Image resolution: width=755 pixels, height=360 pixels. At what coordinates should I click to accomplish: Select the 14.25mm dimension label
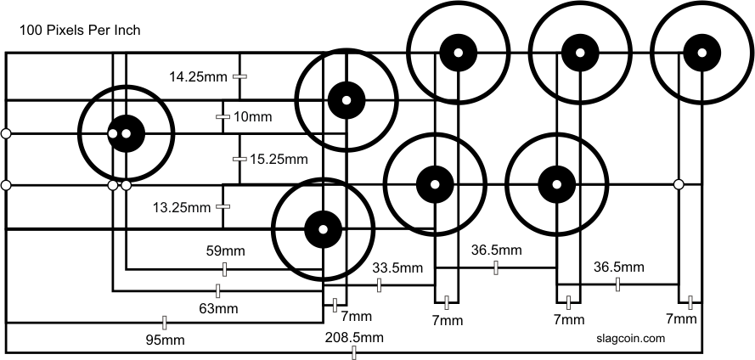tap(198, 77)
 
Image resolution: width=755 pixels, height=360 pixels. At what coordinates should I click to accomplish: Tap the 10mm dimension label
tap(251, 116)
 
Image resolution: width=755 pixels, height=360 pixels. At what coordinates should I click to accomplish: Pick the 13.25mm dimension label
tap(181, 206)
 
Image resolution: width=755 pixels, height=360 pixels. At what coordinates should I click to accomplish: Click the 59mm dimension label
tap(224, 251)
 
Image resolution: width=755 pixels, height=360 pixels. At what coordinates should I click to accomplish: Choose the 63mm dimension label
tap(218, 309)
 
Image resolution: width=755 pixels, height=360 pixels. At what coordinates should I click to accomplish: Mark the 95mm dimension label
tap(165, 340)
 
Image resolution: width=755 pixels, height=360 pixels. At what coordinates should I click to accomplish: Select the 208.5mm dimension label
tap(354, 338)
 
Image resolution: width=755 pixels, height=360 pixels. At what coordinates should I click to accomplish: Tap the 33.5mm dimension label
tap(397, 268)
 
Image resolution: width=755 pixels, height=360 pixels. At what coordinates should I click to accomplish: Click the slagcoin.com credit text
tap(631, 338)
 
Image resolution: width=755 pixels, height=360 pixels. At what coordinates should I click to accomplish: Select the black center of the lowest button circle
tap(323, 228)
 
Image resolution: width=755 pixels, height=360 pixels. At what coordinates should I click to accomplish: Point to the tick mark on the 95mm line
tap(165, 323)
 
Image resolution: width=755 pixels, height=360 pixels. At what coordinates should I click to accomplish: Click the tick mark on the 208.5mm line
tap(354, 352)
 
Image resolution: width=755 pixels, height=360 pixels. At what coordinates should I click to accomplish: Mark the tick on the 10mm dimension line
tap(223, 116)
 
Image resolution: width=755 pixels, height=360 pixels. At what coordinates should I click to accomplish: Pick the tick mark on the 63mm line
tap(218, 291)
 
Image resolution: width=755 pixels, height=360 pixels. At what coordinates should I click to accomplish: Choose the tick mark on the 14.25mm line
tap(240, 77)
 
